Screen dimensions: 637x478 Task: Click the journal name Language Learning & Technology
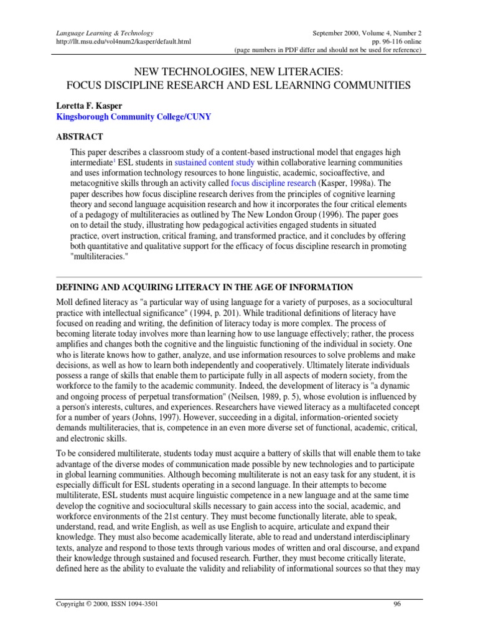pyautogui.click(x=105, y=32)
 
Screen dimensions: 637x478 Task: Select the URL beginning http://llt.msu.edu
pyautogui.click(x=123, y=41)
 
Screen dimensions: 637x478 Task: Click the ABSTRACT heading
pyautogui.click(x=80, y=137)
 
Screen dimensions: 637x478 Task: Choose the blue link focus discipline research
pyautogui.click(x=271, y=184)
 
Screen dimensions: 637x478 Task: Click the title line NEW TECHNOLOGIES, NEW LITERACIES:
pyautogui.click(x=238, y=72)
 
